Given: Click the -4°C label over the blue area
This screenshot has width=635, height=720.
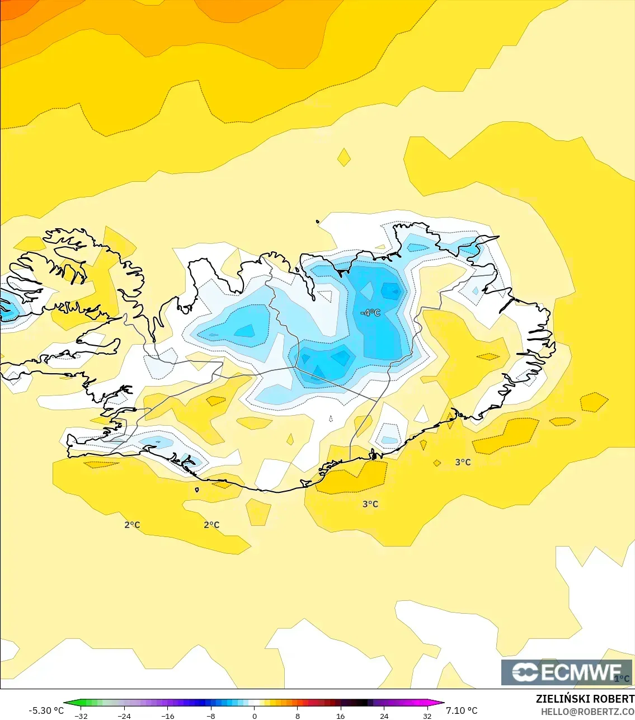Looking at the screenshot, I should pyautogui.click(x=370, y=313).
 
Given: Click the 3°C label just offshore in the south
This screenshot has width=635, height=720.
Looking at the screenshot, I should pyautogui.click(x=370, y=504).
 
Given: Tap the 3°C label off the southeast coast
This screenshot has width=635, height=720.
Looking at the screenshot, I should pyautogui.click(x=463, y=462).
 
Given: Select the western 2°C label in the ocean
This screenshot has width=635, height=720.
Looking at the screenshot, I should pyautogui.click(x=132, y=525).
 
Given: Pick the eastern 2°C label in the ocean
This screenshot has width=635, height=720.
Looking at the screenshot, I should pyautogui.click(x=211, y=525).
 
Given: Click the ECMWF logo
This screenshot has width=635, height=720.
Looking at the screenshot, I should pyautogui.click(x=566, y=672).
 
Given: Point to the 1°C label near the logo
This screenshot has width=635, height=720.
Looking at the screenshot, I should pyautogui.click(x=622, y=679).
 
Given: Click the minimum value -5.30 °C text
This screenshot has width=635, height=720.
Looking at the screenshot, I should pyautogui.click(x=46, y=710).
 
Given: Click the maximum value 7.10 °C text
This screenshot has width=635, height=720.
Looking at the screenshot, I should pyautogui.click(x=462, y=710).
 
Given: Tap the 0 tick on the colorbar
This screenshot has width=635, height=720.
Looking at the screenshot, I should pyautogui.click(x=254, y=716).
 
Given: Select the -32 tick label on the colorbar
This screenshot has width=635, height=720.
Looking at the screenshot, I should pyautogui.click(x=81, y=716).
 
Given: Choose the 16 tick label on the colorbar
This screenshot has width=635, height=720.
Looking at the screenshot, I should pyautogui.click(x=340, y=716).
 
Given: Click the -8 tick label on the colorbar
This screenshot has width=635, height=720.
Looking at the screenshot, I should pyautogui.click(x=211, y=716).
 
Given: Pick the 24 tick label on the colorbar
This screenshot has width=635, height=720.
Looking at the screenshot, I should pyautogui.click(x=384, y=716).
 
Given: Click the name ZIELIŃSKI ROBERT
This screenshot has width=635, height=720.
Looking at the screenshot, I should pyautogui.click(x=585, y=699).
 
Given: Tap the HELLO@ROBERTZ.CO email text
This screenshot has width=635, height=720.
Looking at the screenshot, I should pyautogui.click(x=587, y=712).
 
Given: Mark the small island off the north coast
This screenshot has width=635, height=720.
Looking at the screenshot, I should pyautogui.click(x=318, y=222).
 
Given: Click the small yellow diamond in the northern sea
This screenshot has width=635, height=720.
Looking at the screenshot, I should pyautogui.click(x=344, y=157).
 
